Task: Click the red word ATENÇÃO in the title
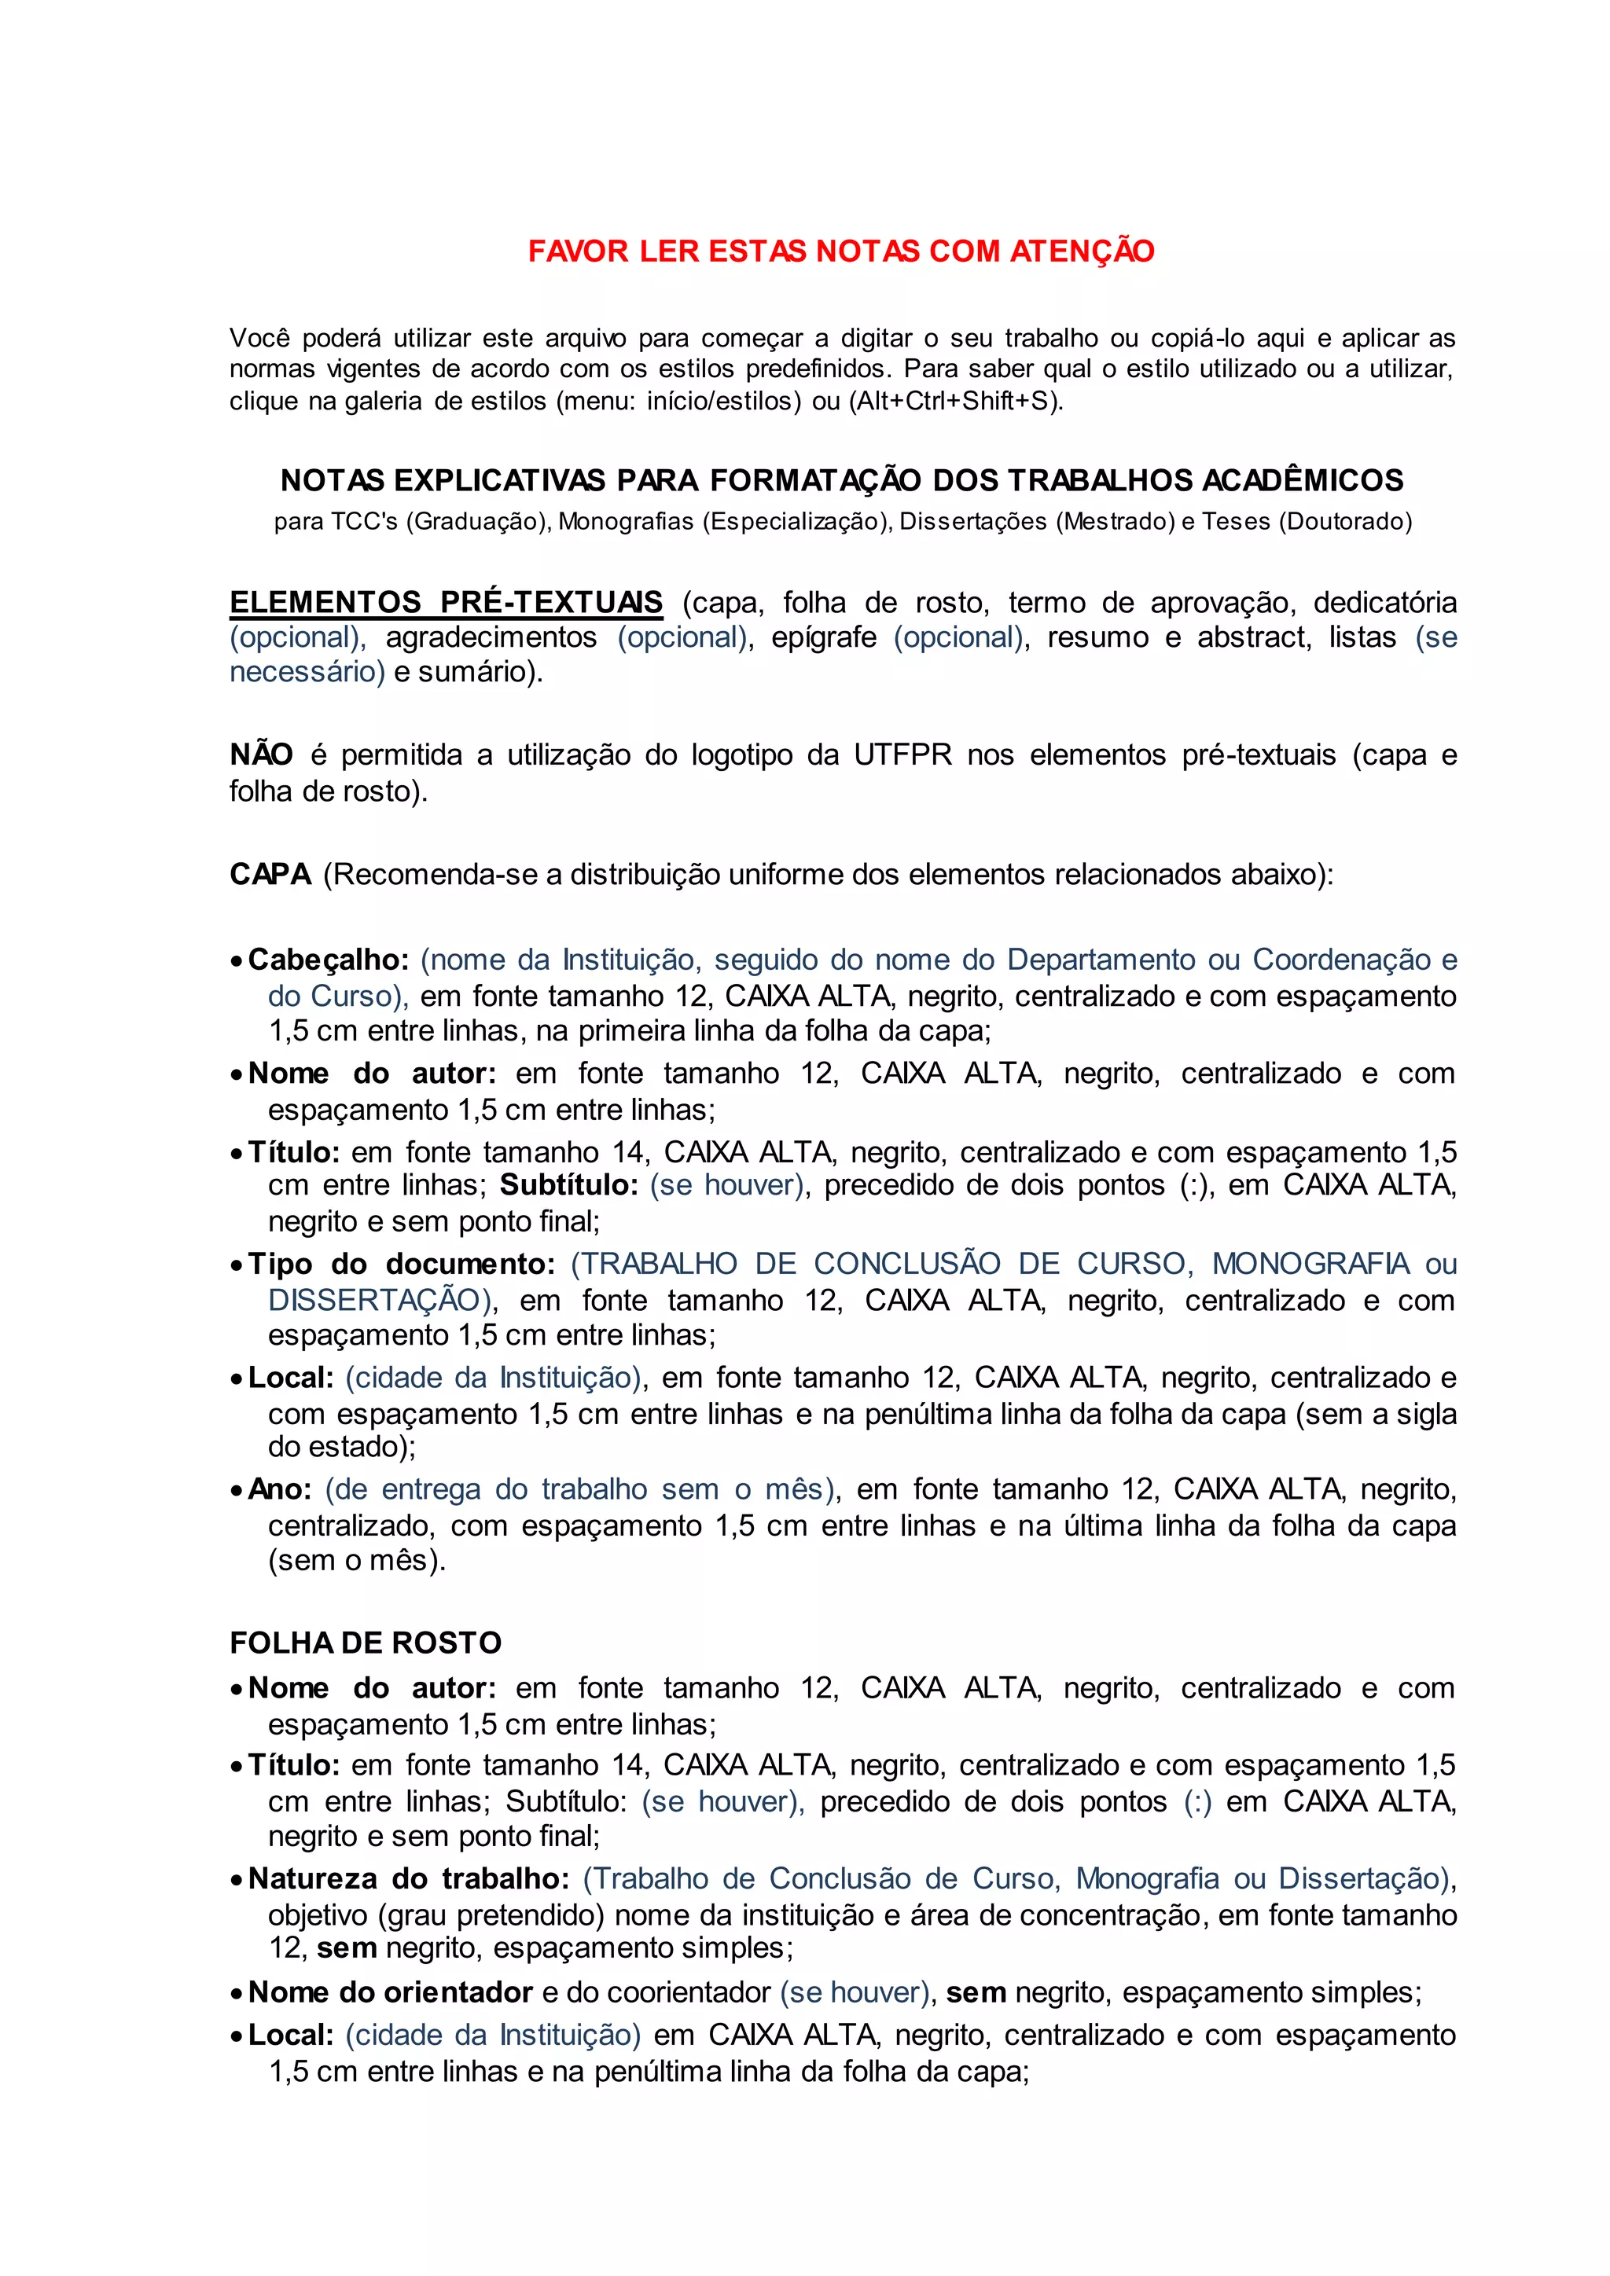pos(1083,251)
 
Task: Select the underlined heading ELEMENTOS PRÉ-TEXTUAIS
pos(446,603)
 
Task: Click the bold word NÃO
pos(261,755)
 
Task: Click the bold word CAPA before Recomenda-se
pos(270,874)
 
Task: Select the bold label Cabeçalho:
pos(328,960)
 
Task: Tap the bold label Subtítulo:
pos(568,1186)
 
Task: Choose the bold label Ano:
pos(280,1490)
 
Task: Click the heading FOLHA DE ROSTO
pos(366,1643)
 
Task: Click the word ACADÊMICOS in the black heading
pos(1303,481)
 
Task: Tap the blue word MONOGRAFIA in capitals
pos(1310,1264)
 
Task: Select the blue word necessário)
pos(307,672)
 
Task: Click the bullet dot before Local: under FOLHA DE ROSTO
pos(236,2037)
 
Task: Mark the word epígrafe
pos(824,637)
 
